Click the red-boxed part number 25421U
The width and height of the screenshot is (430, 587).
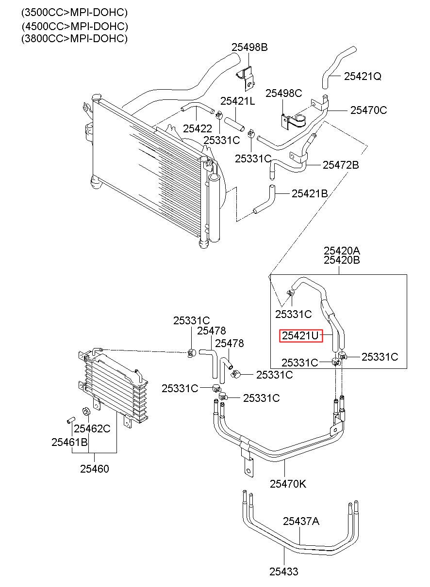coord(300,336)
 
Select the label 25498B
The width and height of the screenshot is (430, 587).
coord(249,47)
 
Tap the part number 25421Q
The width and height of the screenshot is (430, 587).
coord(363,77)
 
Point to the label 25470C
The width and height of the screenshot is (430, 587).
coord(369,111)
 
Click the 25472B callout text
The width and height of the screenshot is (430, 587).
coord(341,165)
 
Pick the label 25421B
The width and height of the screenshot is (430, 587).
coord(310,194)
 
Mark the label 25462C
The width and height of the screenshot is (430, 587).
coord(92,428)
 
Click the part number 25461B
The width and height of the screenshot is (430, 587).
coord(69,442)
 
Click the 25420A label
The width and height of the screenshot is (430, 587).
coord(342,251)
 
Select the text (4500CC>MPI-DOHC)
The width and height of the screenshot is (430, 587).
coord(75,26)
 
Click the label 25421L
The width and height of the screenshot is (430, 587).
coord(237,101)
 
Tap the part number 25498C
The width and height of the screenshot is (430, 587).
coord(283,93)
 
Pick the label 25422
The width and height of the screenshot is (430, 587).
coord(198,128)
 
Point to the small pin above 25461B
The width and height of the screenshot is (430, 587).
coord(70,420)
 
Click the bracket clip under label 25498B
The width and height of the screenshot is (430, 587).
coord(247,78)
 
